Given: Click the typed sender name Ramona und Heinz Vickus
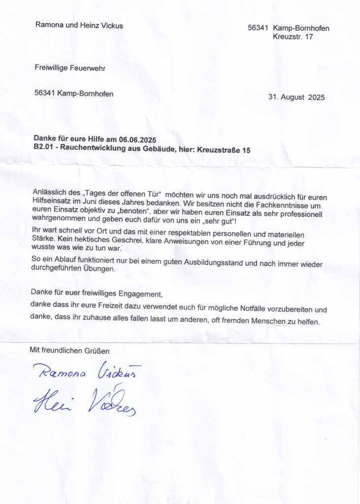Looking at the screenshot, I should point(79,25).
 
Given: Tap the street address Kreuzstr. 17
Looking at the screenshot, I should point(293,37).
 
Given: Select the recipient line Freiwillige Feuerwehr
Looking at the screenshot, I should point(70,68).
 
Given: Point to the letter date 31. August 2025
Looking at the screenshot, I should point(296,97).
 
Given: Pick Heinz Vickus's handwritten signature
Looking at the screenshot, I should point(84,403).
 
